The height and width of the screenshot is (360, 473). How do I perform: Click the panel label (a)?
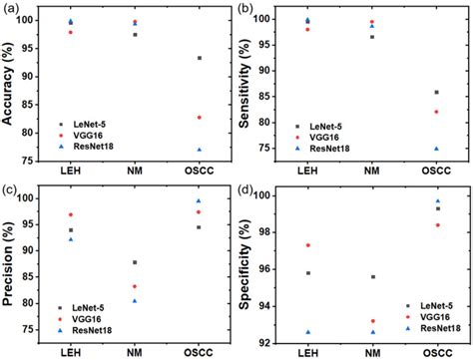(13, 8)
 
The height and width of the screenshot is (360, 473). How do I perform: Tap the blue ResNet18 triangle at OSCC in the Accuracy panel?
(199, 150)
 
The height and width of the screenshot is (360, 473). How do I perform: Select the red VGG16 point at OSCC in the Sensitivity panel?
(435, 112)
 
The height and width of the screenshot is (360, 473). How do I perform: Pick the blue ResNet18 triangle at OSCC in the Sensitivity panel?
(435, 149)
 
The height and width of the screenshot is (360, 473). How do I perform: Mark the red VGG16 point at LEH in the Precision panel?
(70, 215)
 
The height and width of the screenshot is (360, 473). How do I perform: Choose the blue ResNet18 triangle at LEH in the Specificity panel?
(307, 332)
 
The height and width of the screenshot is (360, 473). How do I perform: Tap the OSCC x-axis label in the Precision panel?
(199, 353)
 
